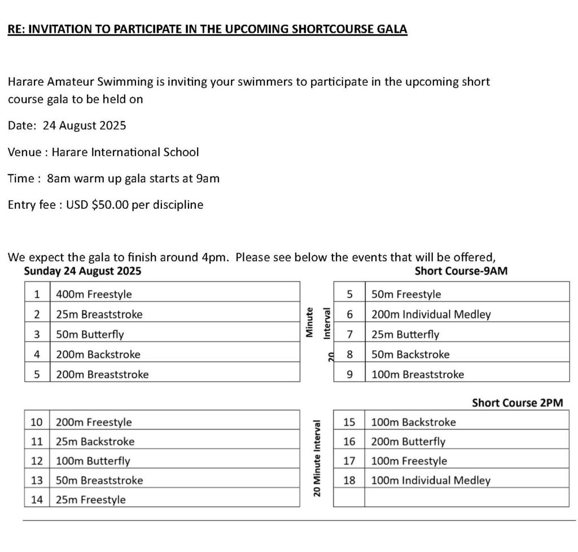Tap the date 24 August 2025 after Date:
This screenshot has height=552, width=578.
(84, 126)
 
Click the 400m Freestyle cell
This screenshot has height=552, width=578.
(94, 294)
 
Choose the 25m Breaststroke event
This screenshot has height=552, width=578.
(99, 315)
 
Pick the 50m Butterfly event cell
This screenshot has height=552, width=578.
(90, 334)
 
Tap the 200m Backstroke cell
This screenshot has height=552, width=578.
(98, 355)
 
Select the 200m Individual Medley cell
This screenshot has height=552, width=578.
(431, 315)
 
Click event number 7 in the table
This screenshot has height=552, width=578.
(349, 334)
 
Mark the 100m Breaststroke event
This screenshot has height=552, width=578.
(418, 374)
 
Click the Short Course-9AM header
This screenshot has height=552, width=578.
(461, 271)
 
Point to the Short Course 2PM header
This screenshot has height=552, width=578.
(517, 403)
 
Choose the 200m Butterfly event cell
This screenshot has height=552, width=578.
(408, 442)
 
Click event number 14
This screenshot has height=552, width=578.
(37, 500)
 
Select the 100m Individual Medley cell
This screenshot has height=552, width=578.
(431, 481)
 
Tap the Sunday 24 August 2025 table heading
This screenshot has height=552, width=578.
(82, 271)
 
